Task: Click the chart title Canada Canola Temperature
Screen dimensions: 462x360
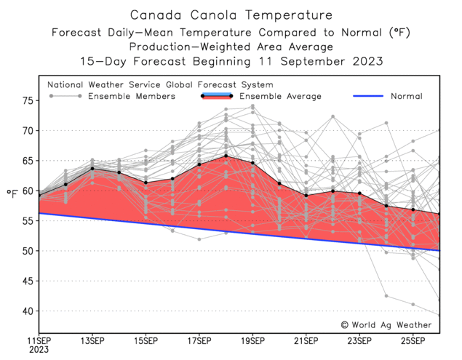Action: (x=231, y=15)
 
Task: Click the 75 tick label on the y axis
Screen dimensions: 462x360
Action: (x=28, y=101)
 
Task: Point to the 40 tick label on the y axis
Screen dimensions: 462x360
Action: (x=28, y=311)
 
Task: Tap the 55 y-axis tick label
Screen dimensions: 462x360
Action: (x=28, y=221)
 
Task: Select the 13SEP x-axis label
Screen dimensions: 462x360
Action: (x=92, y=341)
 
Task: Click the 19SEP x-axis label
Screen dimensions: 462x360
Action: (x=252, y=341)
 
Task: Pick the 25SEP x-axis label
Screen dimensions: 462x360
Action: (x=413, y=341)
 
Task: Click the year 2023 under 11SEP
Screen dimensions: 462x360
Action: (x=39, y=350)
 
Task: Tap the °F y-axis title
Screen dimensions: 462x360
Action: (x=12, y=193)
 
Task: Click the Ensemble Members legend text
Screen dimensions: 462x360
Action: (x=132, y=96)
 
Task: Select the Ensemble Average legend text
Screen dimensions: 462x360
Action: (x=280, y=96)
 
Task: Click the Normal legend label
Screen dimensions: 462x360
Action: (x=407, y=96)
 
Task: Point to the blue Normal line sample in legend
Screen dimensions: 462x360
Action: (x=368, y=96)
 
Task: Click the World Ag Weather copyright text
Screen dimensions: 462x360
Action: (x=386, y=325)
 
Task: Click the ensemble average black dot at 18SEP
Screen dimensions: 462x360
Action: (x=226, y=156)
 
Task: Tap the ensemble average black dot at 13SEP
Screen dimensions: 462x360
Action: (x=92, y=169)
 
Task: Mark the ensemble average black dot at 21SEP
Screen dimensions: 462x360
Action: (x=306, y=196)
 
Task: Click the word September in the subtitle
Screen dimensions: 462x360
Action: (x=313, y=62)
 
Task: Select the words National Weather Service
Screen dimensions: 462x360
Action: (x=104, y=85)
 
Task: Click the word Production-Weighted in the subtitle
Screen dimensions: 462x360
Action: (x=190, y=47)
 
